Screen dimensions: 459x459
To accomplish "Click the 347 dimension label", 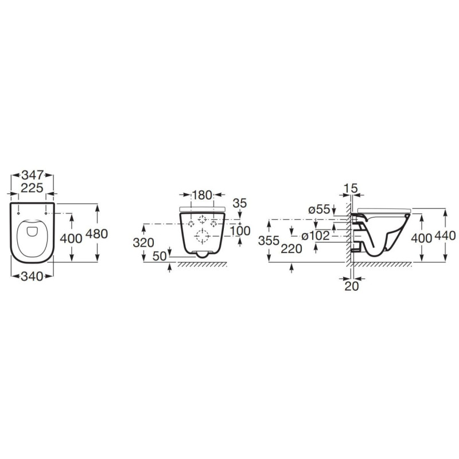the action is click(33, 176).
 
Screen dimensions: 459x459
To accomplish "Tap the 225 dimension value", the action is click(32, 188).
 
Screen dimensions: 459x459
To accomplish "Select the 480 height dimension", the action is click(96, 234).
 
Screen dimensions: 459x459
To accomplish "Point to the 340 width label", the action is click(32, 277).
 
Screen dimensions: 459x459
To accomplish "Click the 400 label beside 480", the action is click(71, 239).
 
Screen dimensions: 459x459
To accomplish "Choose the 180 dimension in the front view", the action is click(202, 195).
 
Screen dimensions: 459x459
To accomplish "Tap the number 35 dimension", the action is click(240, 203).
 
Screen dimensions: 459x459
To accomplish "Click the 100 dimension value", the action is click(240, 231).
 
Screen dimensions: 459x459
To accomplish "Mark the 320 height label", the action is click(143, 243).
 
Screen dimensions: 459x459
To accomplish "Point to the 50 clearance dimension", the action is click(160, 256).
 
